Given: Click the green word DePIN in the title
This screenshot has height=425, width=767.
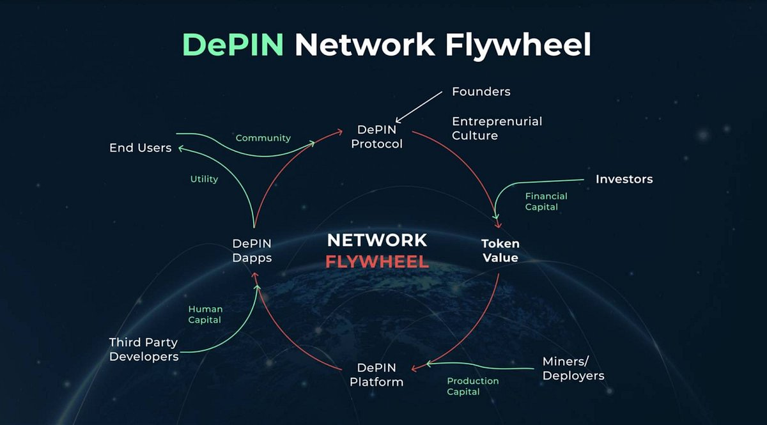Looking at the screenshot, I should [233, 45].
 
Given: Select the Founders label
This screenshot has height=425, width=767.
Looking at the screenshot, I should [481, 91].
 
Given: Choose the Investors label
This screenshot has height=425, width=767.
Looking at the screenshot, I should [624, 179].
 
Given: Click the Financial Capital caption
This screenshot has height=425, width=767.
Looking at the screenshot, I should [546, 201].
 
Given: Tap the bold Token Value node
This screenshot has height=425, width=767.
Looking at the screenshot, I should [500, 251].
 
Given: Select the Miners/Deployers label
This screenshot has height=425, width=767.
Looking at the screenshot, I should [573, 368].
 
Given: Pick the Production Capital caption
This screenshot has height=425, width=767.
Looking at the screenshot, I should [472, 386].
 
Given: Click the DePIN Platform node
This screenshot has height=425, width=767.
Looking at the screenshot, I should [376, 375].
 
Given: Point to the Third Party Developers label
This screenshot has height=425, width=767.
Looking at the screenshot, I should [144, 350].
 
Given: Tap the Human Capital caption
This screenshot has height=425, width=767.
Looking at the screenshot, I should [205, 314].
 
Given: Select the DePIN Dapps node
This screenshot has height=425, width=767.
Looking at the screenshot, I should [252, 251].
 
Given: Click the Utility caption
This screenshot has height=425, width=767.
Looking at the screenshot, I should [204, 179].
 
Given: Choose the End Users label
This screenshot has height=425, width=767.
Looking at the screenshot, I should [141, 148].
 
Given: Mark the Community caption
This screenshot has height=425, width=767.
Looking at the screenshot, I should [263, 137].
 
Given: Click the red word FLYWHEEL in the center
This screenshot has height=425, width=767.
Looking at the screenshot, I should [376, 262].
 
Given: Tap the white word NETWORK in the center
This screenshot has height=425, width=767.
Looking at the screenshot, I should [376, 240].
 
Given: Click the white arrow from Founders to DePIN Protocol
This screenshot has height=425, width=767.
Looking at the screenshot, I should [419, 106].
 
